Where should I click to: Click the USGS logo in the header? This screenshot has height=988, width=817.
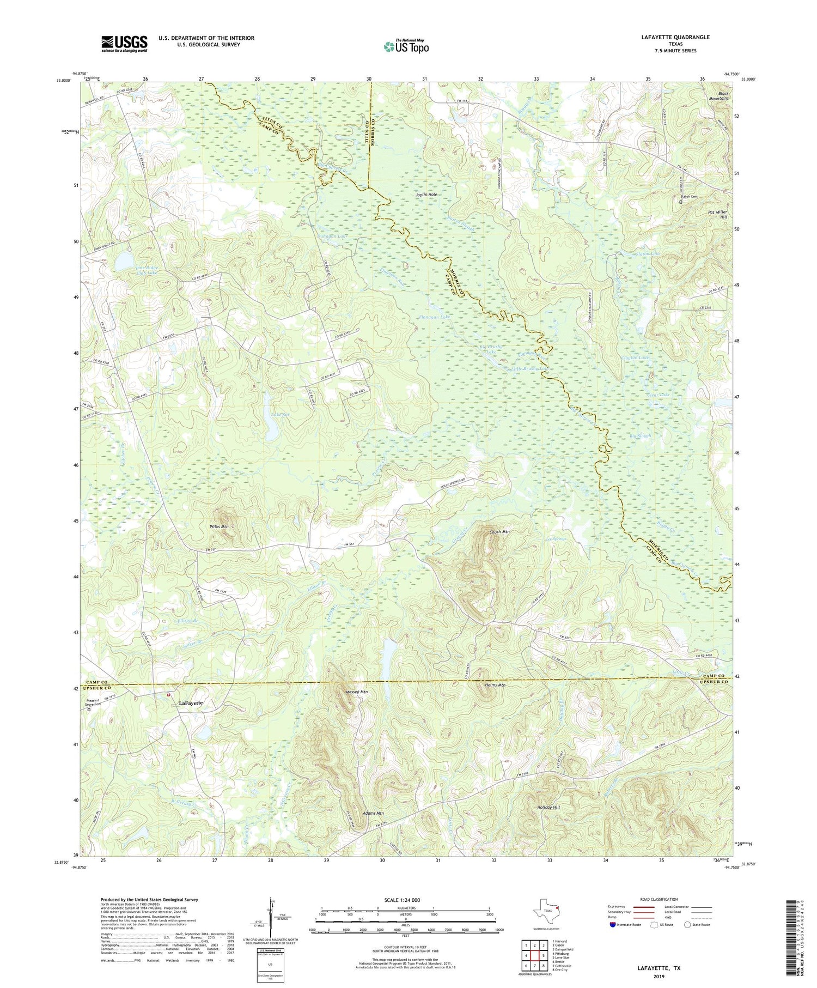pyautogui.click(x=124, y=44)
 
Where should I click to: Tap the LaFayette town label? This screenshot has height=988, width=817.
pyautogui.click(x=191, y=703)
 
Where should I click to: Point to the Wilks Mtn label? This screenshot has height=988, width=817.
pyautogui.click(x=218, y=526)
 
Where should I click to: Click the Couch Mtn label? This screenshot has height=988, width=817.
pyautogui.click(x=499, y=531)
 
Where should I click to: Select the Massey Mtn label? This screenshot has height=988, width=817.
pyautogui.click(x=357, y=692)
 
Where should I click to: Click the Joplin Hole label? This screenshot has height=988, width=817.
pyautogui.click(x=426, y=195)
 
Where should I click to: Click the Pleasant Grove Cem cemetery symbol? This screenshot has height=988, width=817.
pyautogui.click(x=89, y=710)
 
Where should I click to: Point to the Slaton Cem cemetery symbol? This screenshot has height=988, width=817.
pyautogui.click(x=681, y=202)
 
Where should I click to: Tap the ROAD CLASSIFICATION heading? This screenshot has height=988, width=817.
pyautogui.click(x=655, y=899)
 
